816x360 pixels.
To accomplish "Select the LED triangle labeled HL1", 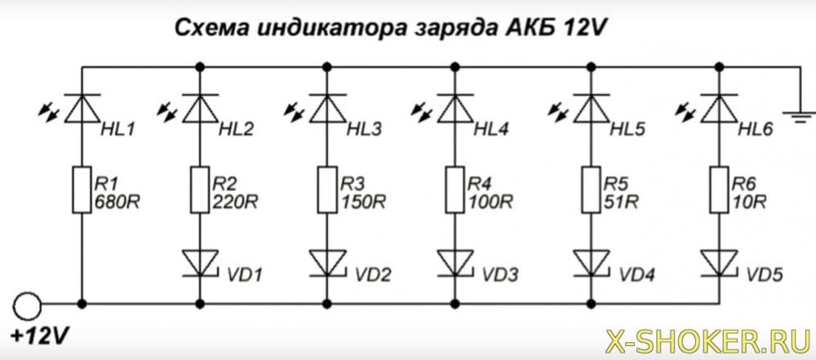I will tap(82, 105).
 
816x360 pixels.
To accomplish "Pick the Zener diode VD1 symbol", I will tap(197, 261).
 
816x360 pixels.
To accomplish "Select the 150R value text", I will tap(363, 200).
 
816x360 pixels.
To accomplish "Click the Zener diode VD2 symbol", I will tap(326, 261).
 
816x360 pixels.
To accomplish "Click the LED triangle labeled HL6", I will tap(717, 105).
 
